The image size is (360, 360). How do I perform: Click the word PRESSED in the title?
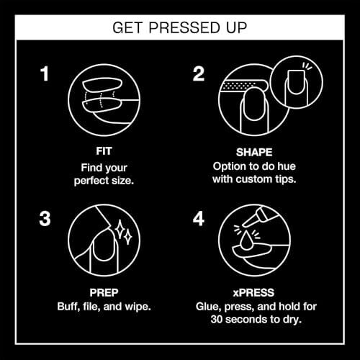184,27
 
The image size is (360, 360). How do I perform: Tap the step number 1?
45,73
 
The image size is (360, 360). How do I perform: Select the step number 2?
199,73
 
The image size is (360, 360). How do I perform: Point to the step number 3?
45,219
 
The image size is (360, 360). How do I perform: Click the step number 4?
199,219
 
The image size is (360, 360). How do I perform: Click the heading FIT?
104,151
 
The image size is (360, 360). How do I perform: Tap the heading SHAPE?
254,152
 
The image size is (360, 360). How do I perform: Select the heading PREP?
104,292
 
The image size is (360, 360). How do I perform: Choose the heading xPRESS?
253,292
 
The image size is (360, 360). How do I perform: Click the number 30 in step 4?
217,320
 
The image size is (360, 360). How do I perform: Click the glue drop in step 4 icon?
246,240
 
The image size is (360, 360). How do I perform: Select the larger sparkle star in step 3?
120,230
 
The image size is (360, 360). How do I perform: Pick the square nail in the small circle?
297,82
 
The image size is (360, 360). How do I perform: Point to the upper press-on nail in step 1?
102,85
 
